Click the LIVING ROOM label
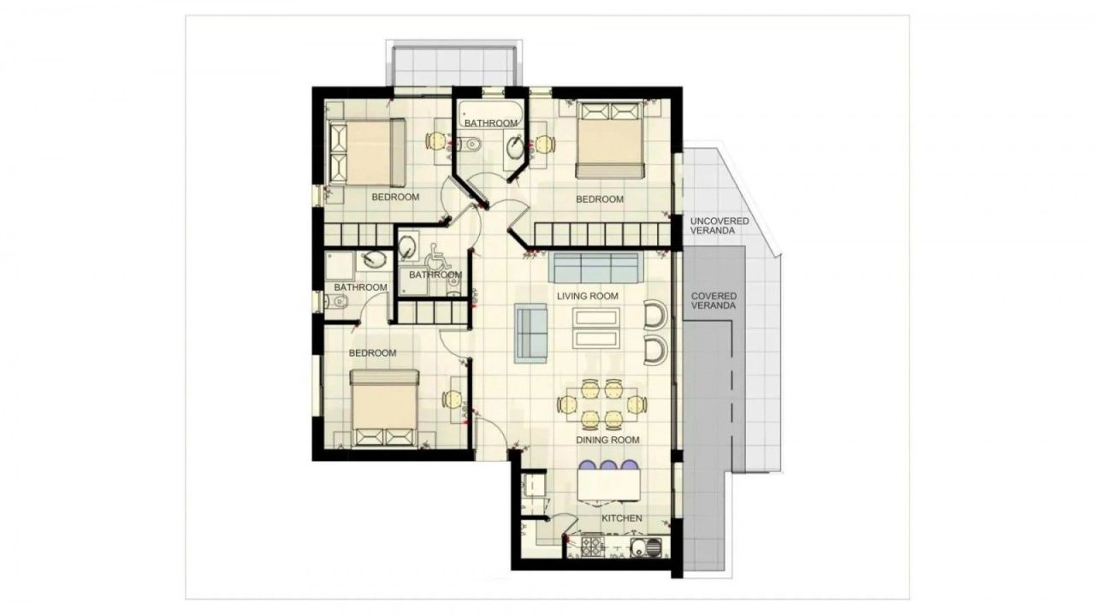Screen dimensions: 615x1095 [x=587, y=296]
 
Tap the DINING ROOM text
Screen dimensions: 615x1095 [x=607, y=440]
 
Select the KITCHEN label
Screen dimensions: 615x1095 [x=622, y=518]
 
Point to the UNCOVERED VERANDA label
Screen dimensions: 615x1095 [x=719, y=227]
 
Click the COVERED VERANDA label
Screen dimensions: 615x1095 [x=713, y=301]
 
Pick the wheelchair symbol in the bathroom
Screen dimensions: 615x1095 [x=437, y=254]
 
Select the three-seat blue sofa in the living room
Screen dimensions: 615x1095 [x=596, y=267]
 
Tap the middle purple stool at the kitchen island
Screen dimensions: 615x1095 [x=608, y=466]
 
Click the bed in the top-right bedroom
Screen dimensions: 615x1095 [x=608, y=139]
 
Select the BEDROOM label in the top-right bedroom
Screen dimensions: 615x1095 [x=599, y=199]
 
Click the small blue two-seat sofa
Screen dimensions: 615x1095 [x=530, y=331]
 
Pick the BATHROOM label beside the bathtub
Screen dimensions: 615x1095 [x=491, y=123]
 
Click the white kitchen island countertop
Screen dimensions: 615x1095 [x=609, y=488]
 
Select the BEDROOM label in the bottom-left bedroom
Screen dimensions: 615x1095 [x=372, y=353]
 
